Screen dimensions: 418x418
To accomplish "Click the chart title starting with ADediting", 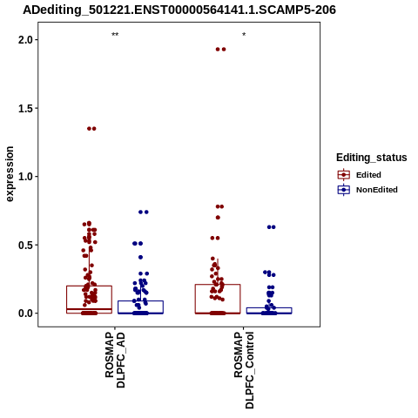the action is [x=179, y=10].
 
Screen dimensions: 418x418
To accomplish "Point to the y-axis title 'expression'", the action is [x=10, y=174].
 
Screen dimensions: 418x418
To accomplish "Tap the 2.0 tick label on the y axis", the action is [x=26, y=40].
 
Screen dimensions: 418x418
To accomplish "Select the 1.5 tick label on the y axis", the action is [x=26, y=108].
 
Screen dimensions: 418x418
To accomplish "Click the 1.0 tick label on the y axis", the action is [x=26, y=177].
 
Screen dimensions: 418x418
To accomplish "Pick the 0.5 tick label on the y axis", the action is [x=26, y=245].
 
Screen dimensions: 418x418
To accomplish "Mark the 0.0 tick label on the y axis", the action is [x=26, y=313].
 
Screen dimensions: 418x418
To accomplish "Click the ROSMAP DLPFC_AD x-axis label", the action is [x=115, y=361].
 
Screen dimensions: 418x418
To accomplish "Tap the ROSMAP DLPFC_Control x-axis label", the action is [x=244, y=370].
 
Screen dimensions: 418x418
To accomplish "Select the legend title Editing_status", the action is [x=372, y=158].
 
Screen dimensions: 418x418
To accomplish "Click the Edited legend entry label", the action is [x=368, y=175].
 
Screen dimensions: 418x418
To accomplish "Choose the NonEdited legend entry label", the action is [x=377, y=190].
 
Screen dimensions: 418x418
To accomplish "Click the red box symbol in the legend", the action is [x=344, y=175].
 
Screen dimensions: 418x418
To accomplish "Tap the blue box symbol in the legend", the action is [x=344, y=190].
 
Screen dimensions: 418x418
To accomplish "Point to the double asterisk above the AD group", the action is [x=115, y=35].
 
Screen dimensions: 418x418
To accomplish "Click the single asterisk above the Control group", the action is [x=244, y=35].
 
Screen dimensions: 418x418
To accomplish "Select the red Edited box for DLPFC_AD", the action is [x=66, y=300].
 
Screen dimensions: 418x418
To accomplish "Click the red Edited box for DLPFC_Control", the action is [x=195, y=299].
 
